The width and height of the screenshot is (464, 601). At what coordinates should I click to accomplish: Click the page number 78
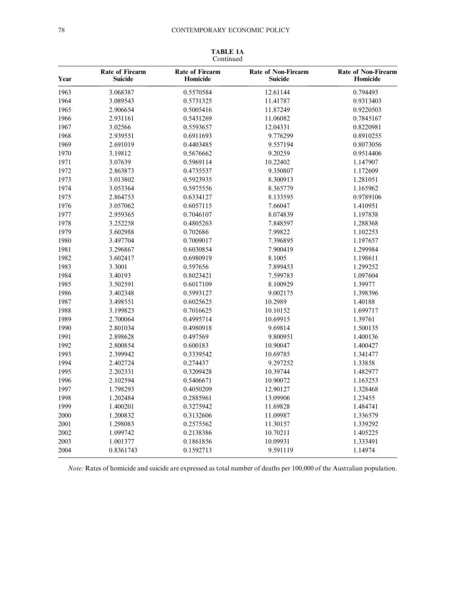[62, 30]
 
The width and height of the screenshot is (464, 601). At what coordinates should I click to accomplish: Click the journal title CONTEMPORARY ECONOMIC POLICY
[231, 30]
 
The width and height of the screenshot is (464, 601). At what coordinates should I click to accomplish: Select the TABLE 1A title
[227, 52]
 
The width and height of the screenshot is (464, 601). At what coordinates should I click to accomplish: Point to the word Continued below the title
[227, 59]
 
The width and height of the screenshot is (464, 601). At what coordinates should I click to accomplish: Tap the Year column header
[65, 79]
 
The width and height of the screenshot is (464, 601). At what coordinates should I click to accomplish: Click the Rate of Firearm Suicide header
[123, 75]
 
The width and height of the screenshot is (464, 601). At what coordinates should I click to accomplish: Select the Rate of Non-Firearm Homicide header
[367, 75]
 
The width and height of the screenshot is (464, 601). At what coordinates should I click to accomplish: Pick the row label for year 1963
[65, 92]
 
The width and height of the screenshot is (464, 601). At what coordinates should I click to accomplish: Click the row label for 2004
[65, 450]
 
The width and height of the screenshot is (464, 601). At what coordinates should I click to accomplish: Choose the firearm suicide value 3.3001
[118, 267]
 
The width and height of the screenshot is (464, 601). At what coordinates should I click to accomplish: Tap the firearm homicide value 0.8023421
[198, 275]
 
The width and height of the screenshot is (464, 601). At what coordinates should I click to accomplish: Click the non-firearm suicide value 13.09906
[277, 398]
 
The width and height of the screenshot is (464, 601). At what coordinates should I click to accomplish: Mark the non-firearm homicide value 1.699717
[366, 311]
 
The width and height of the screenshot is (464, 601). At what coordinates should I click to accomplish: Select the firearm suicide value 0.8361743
[123, 450]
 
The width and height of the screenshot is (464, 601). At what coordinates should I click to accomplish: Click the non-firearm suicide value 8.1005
[277, 258]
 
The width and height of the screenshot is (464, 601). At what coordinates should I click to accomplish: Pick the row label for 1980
[65, 240]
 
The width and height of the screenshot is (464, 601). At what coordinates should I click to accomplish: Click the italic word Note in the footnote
[75, 468]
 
